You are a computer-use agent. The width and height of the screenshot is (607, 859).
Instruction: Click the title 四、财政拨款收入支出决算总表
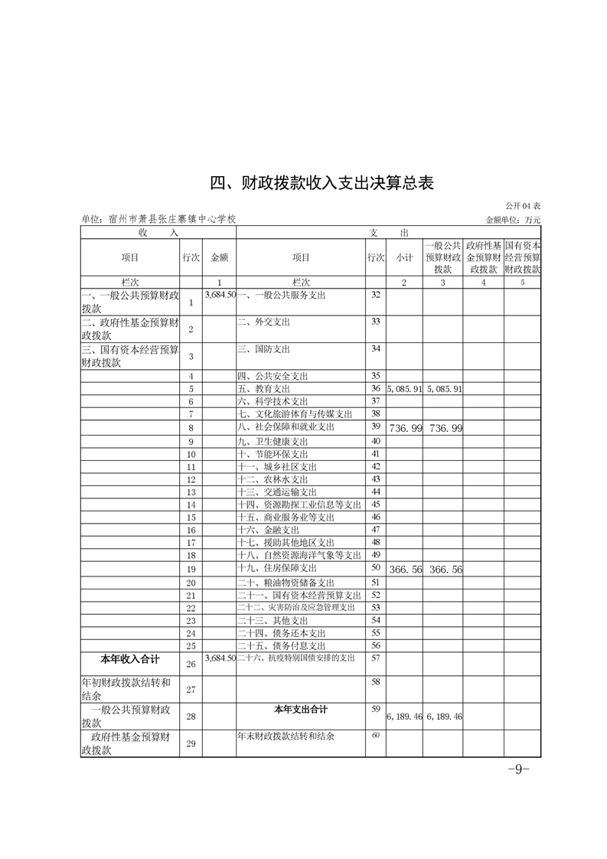pyautogui.click(x=322, y=184)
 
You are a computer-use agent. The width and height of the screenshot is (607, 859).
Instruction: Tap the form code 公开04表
pyautogui.click(x=523, y=207)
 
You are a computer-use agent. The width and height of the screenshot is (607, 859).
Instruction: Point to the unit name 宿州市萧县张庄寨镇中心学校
pyautogui.click(x=158, y=220)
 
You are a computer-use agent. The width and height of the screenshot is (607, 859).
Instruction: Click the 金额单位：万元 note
pyautogui.click(x=514, y=220)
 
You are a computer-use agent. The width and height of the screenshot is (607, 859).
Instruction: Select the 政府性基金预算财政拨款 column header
pyautogui.click(x=483, y=258)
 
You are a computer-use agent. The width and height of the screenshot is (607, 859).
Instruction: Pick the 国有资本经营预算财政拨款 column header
pyautogui.click(x=523, y=258)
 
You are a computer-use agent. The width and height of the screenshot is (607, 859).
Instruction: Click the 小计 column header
pyautogui.click(x=404, y=258)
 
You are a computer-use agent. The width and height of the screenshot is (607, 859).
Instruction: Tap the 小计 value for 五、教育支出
pyautogui.click(x=404, y=389)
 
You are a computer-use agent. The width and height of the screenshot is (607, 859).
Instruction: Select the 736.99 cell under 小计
pyautogui.click(x=405, y=427)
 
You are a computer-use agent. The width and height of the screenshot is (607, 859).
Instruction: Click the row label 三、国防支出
pyautogui.click(x=264, y=349)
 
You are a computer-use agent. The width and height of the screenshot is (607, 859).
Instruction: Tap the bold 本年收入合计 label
pyautogui.click(x=130, y=658)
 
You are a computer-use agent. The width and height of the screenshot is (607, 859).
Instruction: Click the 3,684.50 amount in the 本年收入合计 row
pyautogui.click(x=219, y=658)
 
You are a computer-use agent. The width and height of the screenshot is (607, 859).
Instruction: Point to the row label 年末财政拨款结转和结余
pyautogui.click(x=287, y=736)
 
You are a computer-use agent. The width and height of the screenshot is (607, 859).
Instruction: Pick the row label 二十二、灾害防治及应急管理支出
pyautogui.click(x=296, y=607)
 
